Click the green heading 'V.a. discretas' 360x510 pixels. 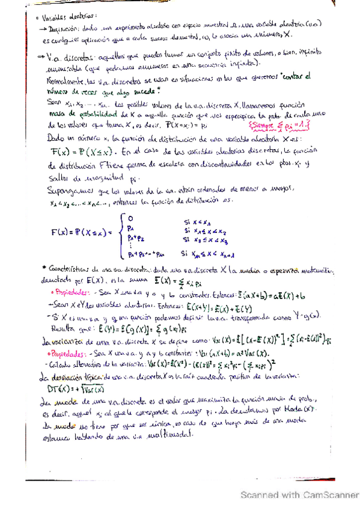pos(69,56)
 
